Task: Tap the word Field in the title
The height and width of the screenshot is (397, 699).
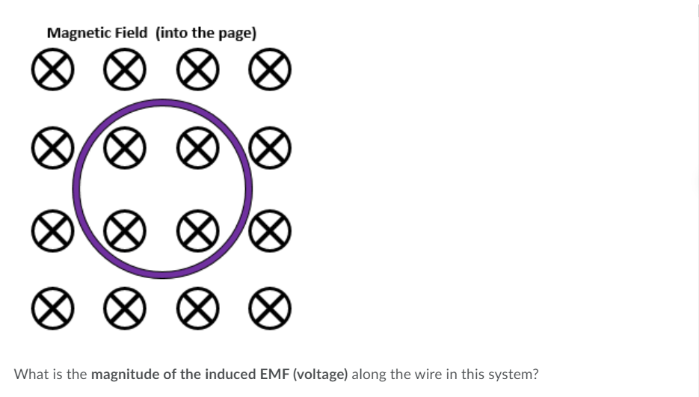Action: [x=131, y=33]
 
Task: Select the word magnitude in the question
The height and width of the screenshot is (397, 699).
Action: [x=124, y=374]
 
